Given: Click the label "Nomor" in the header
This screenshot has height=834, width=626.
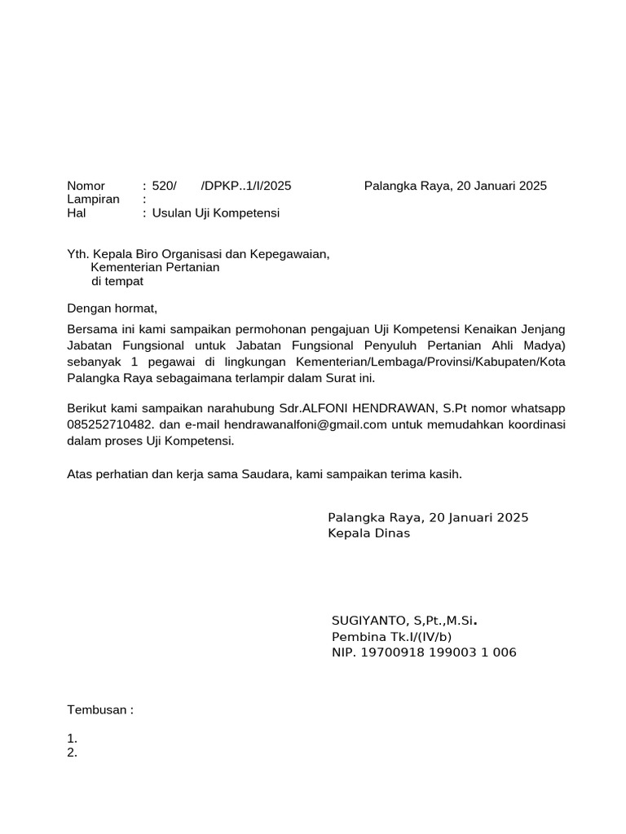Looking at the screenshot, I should (86, 186).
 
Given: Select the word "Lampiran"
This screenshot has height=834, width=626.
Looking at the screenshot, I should (93, 200).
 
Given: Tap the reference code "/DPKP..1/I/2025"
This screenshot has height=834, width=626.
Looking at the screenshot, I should (245, 186).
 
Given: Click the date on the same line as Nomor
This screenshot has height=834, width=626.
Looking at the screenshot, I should (455, 186).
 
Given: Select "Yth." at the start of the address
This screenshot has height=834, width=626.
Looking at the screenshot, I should (78, 254).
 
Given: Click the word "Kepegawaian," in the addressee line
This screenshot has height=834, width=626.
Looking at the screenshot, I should (290, 254).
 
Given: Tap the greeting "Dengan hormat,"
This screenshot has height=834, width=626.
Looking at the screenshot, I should (112, 309).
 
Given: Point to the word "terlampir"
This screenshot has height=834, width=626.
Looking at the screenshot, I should (265, 379).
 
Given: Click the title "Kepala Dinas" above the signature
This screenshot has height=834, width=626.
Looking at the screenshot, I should (369, 533).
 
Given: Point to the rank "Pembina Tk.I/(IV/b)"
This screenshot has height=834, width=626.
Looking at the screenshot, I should (391, 637).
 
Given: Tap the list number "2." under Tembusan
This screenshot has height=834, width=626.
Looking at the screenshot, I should (72, 753).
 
